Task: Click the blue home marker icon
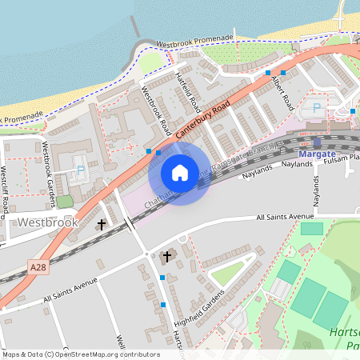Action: pyautogui.click(x=180, y=173)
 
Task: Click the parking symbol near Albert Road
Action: pyautogui.click(x=316, y=107)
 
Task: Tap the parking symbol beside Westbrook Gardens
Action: pyautogui.click(x=80, y=170)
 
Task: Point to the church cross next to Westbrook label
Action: pyautogui.click(x=102, y=225)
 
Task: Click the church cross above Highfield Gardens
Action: pyautogui.click(x=167, y=257)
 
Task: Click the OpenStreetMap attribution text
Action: pyautogui.click(x=79, y=354)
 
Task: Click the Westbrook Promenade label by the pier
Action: pyautogui.click(x=194, y=39)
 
